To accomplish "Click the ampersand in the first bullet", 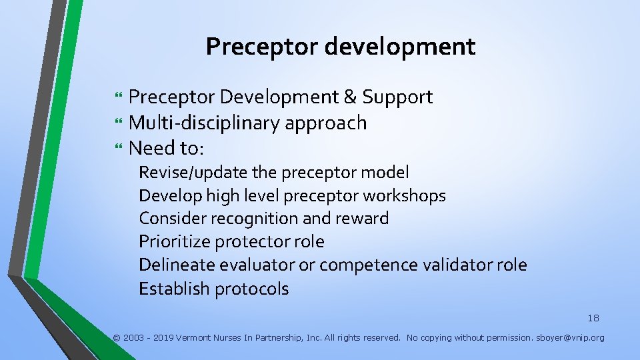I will coord(350,97).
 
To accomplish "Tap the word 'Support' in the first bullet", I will coord(397,97).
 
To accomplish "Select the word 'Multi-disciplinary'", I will coord(204,123).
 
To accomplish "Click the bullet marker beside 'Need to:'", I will coord(119,148).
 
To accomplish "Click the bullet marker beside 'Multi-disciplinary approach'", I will coord(119,123).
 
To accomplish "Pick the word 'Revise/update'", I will coord(193,173).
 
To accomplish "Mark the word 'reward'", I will coord(363,219).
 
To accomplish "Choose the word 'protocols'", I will coord(253,289).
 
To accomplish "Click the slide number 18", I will coord(593,318).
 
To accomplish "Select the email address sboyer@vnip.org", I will coord(571,338).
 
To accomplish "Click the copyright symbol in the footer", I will coord(117,338).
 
